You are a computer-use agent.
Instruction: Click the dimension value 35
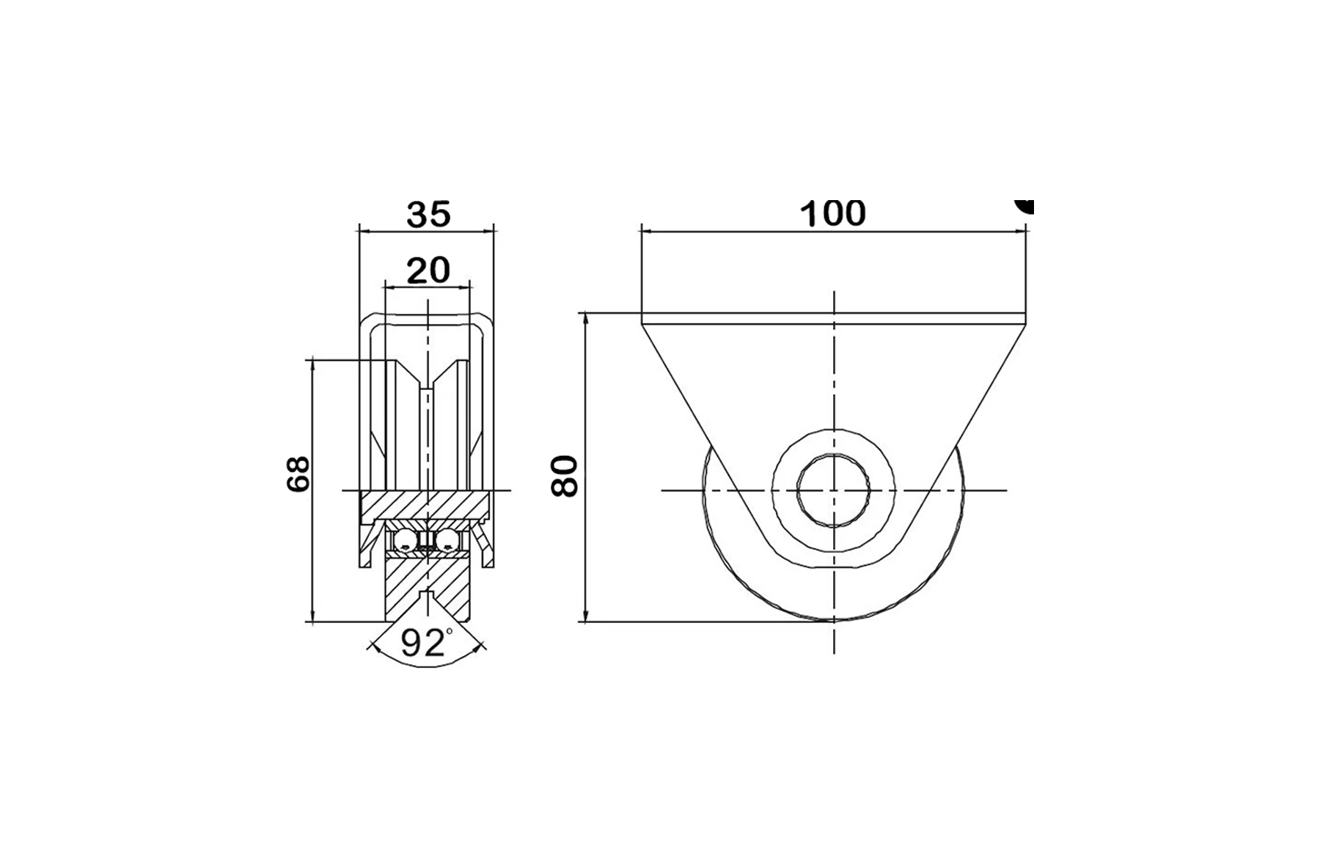click(428, 214)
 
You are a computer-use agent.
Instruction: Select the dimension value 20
click(428, 270)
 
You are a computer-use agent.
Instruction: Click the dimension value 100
click(832, 213)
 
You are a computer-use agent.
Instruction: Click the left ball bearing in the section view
click(405, 542)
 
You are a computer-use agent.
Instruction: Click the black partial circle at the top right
click(1025, 205)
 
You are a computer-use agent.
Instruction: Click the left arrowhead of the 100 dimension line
click(647, 231)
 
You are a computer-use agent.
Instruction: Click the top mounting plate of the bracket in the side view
click(833, 319)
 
